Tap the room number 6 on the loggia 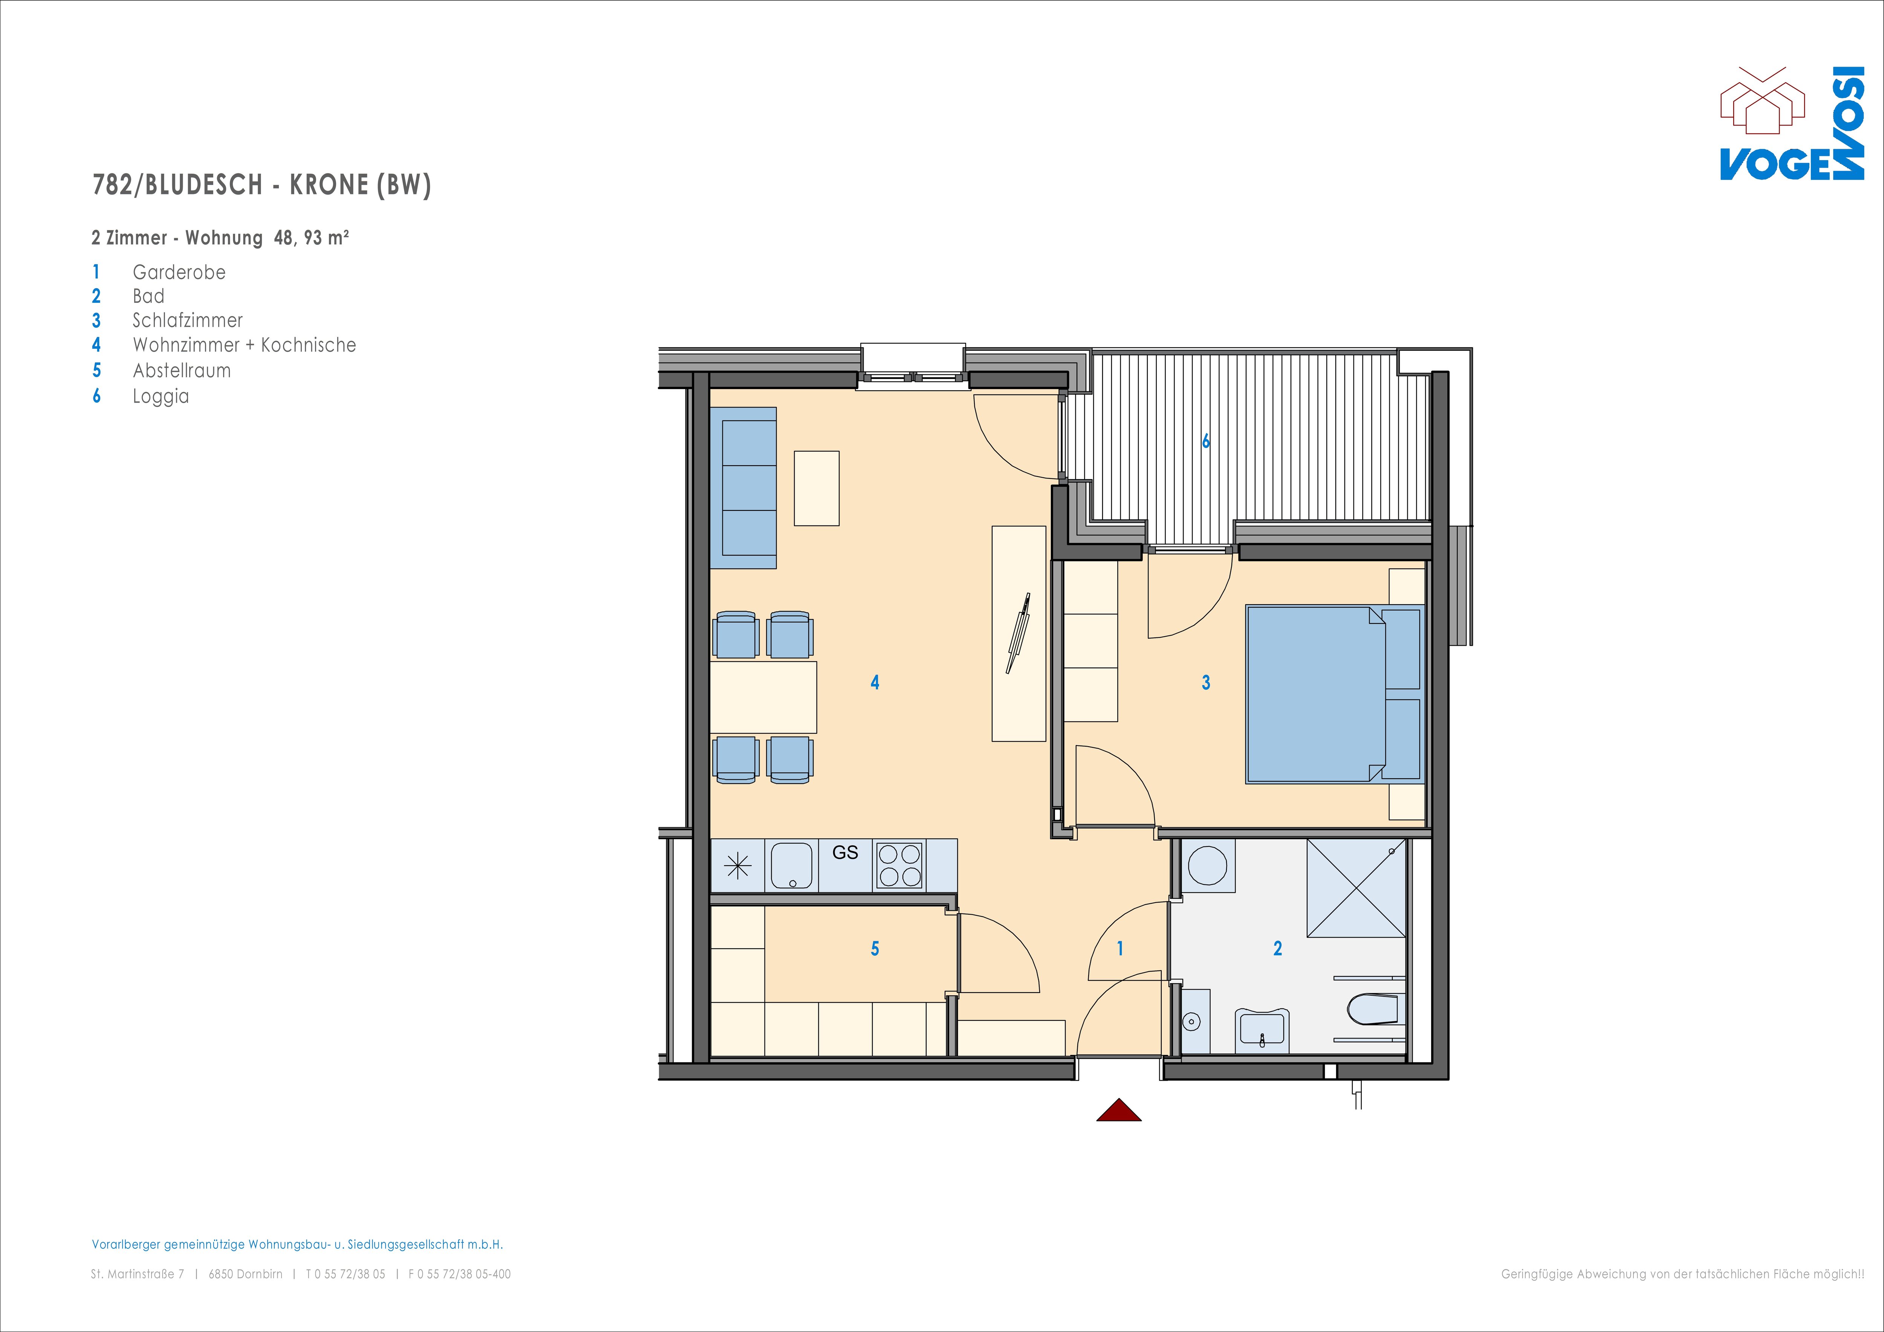1205,441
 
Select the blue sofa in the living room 749,488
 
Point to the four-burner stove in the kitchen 899,865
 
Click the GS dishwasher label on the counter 845,853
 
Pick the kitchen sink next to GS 792,865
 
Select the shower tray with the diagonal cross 1356,887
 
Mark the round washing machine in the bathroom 1208,865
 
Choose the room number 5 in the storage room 875,949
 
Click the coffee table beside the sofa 817,488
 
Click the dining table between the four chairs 763,697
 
